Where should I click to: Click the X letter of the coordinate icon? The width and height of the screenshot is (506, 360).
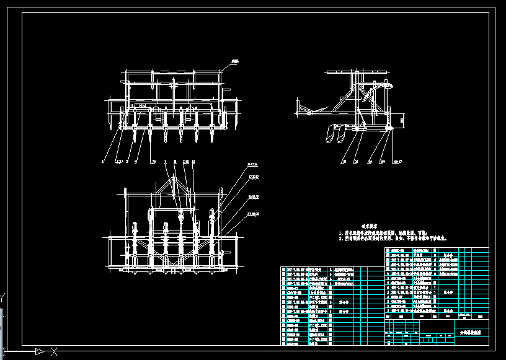point(55,351)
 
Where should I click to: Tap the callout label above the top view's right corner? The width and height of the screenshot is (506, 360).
point(234,62)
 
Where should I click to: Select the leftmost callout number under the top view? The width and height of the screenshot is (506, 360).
point(103,160)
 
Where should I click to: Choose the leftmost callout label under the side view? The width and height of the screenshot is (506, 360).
point(343,162)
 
